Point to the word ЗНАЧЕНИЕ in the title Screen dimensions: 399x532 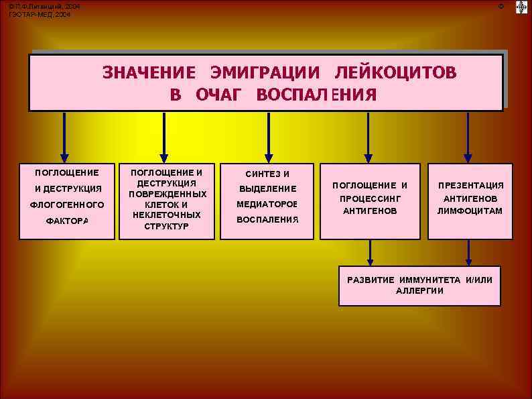(x=149, y=72)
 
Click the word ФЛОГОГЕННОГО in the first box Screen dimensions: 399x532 (x=67, y=205)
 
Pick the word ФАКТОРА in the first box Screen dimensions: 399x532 (x=67, y=221)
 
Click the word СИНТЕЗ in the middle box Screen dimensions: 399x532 (x=258, y=174)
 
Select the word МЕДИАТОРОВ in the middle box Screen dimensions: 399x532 (x=267, y=204)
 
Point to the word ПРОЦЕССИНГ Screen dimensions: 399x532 (x=371, y=198)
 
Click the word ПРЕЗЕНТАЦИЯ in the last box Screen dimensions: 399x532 (x=470, y=186)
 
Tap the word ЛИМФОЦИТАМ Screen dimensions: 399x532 (x=470, y=211)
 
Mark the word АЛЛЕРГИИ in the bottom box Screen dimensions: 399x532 (x=419, y=290)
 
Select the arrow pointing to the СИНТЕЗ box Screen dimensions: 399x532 (x=269, y=137)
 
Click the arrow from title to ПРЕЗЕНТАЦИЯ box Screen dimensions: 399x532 (x=468, y=137)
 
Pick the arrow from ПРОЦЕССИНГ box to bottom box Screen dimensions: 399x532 (x=371, y=253)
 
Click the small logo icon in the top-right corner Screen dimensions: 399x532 (x=521, y=7)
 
